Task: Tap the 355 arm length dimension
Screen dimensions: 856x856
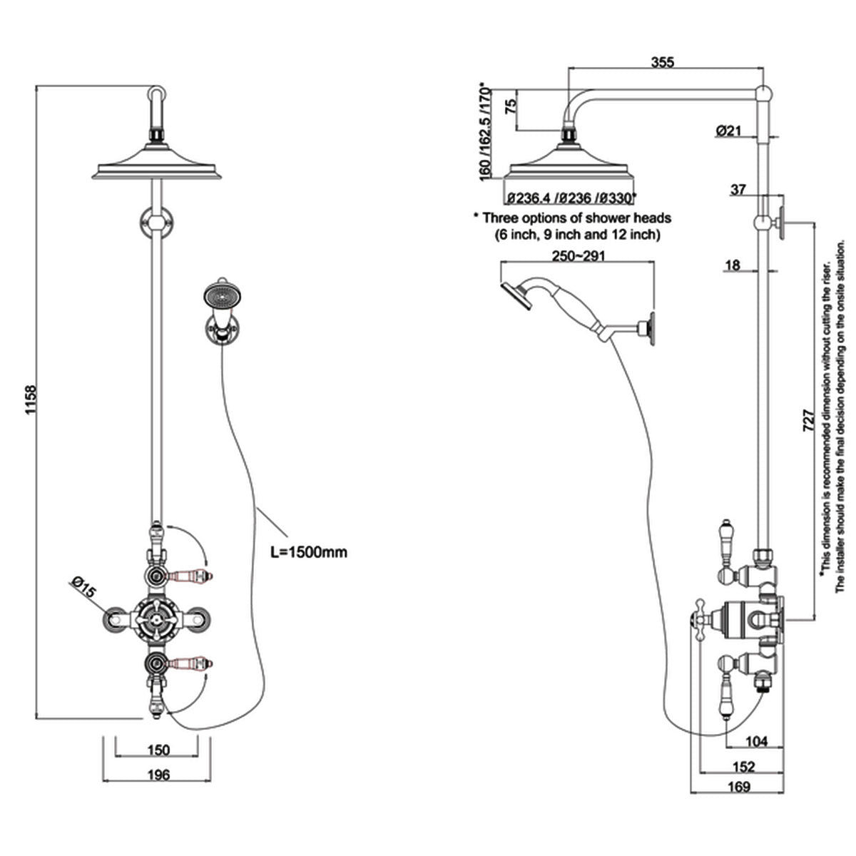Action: click(663, 61)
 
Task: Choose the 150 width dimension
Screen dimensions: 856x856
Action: click(158, 750)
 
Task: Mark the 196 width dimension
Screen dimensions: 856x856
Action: click(158, 775)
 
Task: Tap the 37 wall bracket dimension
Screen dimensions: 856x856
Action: click(738, 190)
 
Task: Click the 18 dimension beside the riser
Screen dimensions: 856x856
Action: click(732, 266)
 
